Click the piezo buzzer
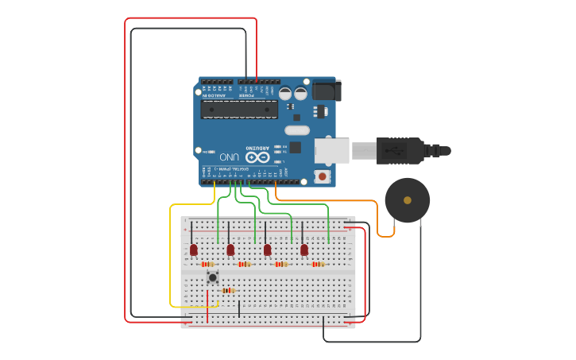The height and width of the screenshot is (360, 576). tap(408, 199)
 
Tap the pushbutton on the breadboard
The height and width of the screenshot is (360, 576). tap(213, 277)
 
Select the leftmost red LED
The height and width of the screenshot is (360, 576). tap(193, 250)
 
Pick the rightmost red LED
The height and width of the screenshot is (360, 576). tap(304, 250)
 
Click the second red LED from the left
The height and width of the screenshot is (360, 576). tap(230, 250)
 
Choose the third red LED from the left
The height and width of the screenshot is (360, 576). tap(267, 250)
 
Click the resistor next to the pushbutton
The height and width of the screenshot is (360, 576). tap(228, 290)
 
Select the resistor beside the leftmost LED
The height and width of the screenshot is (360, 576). tap(207, 264)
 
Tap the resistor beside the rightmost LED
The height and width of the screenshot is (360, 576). tap(318, 264)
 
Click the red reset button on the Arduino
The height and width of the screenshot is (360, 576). tap(322, 176)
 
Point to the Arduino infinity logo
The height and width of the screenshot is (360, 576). tap(257, 157)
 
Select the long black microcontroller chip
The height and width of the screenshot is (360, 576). tap(238, 109)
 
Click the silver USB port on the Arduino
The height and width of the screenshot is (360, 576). tap(331, 150)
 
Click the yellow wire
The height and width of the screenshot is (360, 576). tap(171, 254)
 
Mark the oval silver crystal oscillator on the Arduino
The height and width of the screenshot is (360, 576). tap(296, 130)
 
